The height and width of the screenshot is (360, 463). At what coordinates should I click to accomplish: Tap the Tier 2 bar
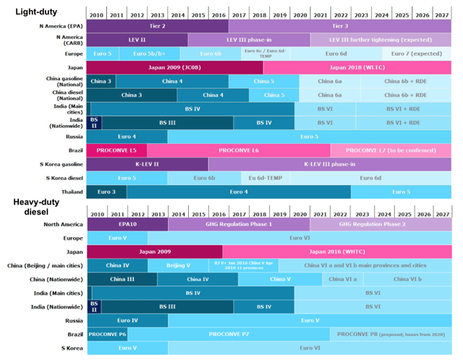pyautogui.click(x=158, y=25)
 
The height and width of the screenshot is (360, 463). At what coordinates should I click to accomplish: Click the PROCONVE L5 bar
pyautogui.click(x=116, y=150)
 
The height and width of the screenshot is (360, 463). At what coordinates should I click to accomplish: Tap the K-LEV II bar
pyautogui.click(x=147, y=164)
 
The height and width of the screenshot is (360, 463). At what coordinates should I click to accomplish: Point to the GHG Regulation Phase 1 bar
pyautogui.click(x=239, y=224)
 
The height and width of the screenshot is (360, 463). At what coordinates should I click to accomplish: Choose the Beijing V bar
pyautogui.click(x=178, y=265)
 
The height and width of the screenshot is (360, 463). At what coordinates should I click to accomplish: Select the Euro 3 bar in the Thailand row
pyautogui.click(x=106, y=192)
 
